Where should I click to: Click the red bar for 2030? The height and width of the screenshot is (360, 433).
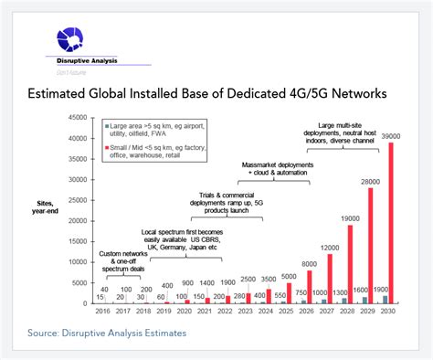pos(392,224)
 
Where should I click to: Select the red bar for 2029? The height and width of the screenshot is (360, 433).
pos(371,247)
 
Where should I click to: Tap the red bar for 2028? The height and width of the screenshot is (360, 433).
pos(350,264)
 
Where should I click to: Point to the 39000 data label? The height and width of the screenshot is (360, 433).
pos(392,135)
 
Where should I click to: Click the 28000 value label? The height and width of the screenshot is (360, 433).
pos(370,181)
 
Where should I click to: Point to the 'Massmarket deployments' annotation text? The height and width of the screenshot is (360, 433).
pos(280,165)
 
